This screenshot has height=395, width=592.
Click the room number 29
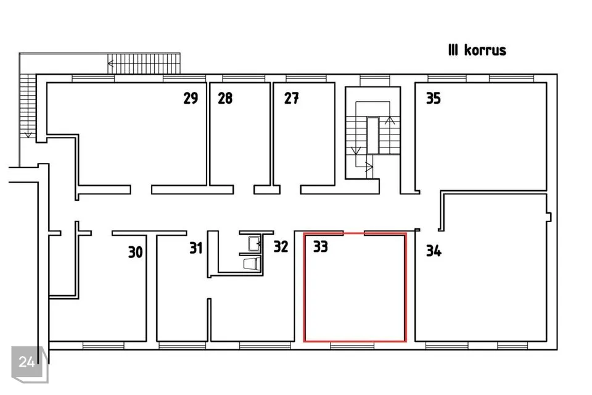tap(191, 98)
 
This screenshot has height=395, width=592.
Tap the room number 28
tap(225, 98)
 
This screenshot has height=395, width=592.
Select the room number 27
tap(292, 98)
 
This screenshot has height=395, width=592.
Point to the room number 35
tap(434, 98)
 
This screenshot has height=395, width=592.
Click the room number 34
tap(434, 251)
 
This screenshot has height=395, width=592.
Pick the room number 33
tap(321, 246)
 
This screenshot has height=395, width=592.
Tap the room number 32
tap(281, 246)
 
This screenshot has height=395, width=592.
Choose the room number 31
tap(196, 248)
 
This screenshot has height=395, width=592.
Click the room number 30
tap(136, 252)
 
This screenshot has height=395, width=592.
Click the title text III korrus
tap(477, 50)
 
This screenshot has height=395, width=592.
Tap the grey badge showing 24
tap(27, 362)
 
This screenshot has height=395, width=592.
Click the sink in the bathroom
tap(254, 243)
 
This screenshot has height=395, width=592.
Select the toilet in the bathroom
tap(252, 264)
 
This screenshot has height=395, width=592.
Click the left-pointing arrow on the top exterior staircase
tap(110, 64)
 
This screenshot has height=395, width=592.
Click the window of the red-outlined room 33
tap(352, 346)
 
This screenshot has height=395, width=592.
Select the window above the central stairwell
tap(374, 78)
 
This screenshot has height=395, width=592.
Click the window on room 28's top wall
tap(244, 78)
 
